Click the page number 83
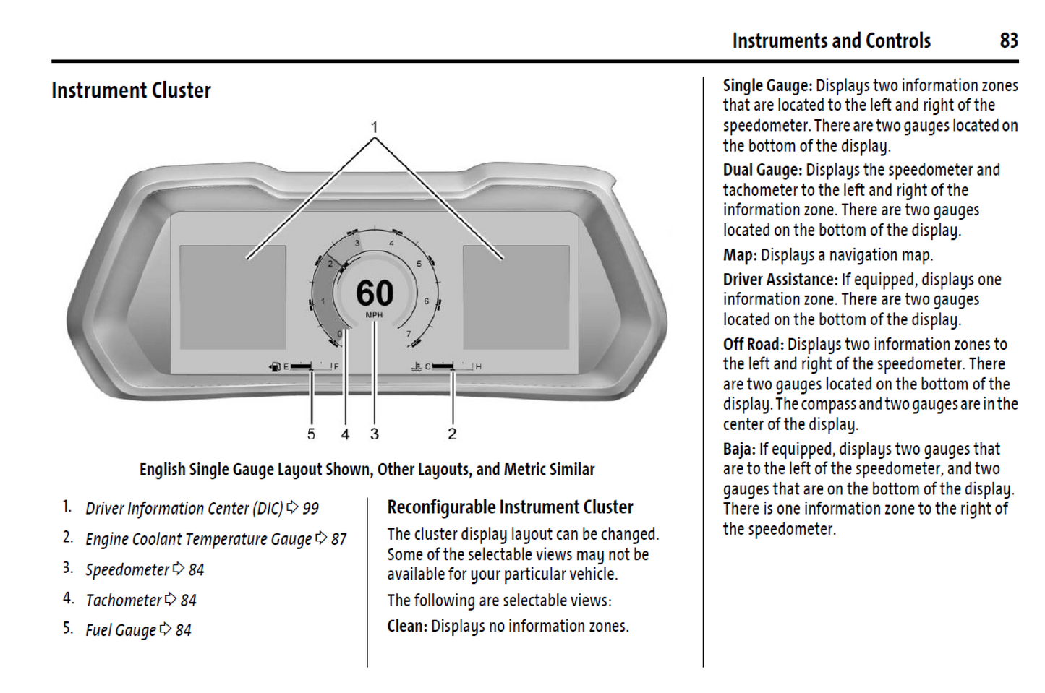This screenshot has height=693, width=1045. click(1009, 40)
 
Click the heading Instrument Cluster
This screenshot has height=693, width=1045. click(131, 90)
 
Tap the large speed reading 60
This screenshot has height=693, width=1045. click(375, 293)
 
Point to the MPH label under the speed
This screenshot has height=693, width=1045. click(374, 315)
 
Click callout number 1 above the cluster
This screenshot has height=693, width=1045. click(374, 127)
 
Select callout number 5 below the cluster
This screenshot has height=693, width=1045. click(311, 434)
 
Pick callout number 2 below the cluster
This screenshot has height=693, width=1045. click(452, 434)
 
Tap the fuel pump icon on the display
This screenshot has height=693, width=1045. click(275, 367)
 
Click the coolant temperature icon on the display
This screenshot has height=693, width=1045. click(417, 367)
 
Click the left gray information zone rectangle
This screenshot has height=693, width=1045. click(232, 297)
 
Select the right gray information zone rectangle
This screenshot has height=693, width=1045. click(516, 297)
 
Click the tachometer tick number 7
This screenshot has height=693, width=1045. click(409, 334)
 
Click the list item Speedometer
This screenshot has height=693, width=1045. click(127, 569)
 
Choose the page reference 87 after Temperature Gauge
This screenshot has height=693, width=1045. click(338, 539)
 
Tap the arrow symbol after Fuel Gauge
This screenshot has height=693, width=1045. click(166, 629)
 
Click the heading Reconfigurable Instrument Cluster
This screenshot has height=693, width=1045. click(510, 507)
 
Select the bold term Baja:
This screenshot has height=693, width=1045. click(738, 449)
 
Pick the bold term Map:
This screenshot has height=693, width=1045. click(739, 255)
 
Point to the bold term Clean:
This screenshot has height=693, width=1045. click(407, 626)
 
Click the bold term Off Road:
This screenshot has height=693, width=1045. click(753, 344)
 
